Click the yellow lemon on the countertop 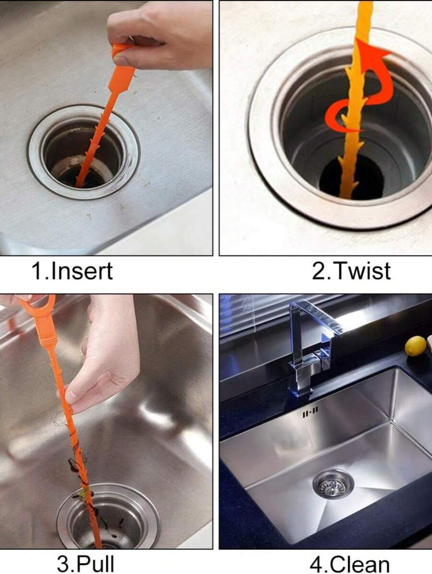415,346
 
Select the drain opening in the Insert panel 84,158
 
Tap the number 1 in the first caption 37,271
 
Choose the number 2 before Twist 318,271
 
